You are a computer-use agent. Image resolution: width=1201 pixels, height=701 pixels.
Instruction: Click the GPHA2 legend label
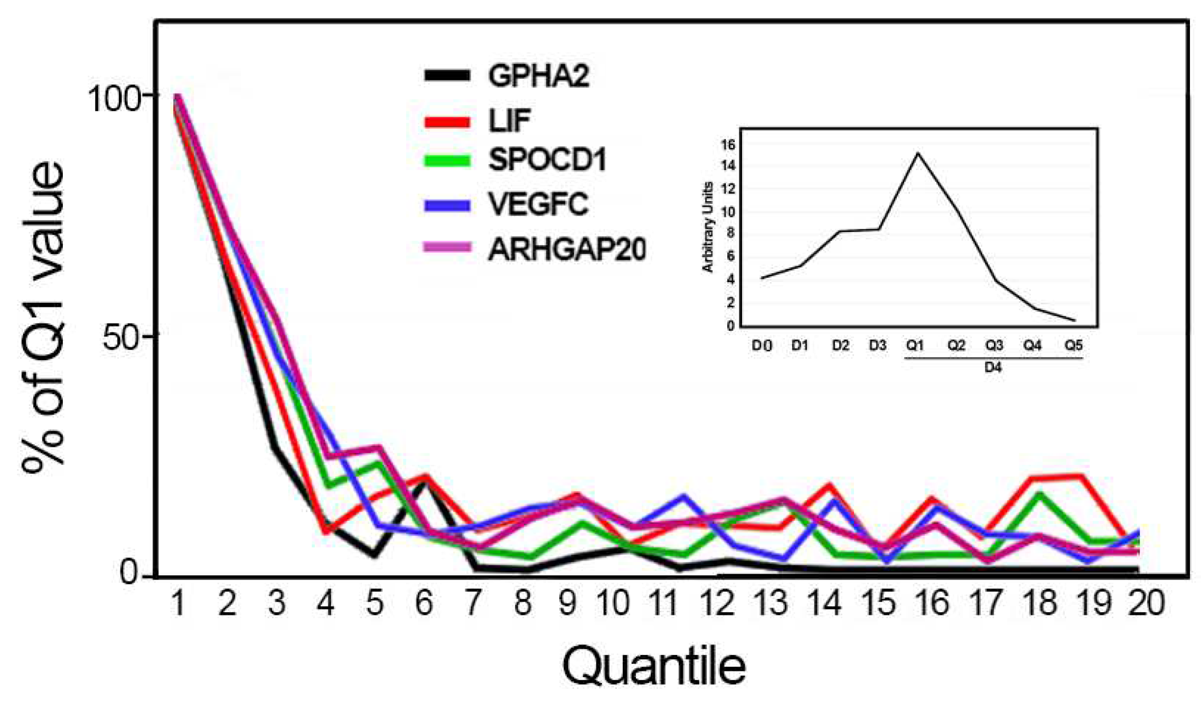[x=538, y=76]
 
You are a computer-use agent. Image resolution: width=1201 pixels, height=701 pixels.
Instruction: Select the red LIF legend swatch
[x=447, y=122]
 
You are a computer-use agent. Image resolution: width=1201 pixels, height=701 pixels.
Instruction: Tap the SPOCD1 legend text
[x=547, y=160]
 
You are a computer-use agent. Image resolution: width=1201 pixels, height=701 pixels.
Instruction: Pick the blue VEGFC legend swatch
[x=447, y=205]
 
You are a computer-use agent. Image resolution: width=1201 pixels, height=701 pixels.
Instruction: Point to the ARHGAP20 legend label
[x=567, y=249]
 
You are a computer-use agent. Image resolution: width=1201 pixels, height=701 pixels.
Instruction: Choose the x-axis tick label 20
[x=1146, y=603]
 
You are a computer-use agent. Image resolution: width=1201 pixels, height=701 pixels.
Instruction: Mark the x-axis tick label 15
[x=878, y=603]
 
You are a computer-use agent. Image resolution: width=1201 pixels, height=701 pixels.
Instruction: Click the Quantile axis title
[x=653, y=666]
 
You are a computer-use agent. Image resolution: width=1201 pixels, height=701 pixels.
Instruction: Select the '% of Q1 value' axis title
[x=43, y=317]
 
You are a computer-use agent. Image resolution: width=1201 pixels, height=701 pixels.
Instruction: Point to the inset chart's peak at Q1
[x=918, y=154]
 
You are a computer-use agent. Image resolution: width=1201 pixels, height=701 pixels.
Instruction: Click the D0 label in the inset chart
[x=762, y=346]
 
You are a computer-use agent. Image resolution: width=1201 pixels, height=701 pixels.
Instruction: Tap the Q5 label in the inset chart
[x=1073, y=345]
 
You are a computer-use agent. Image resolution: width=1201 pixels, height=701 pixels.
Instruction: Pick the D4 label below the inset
[x=993, y=368]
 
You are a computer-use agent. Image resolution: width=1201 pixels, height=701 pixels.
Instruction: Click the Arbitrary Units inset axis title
[x=708, y=227]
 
